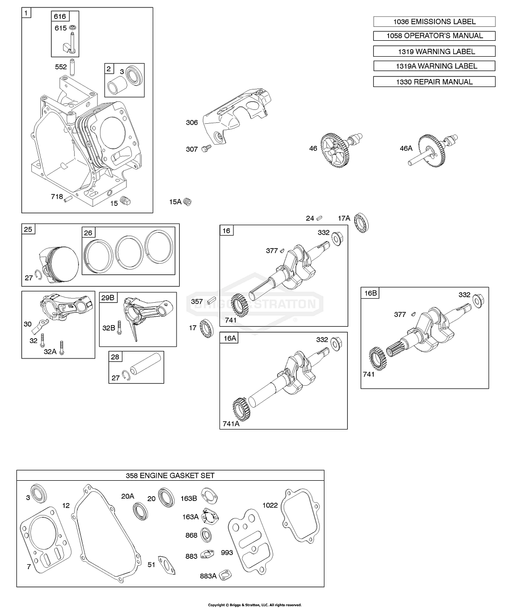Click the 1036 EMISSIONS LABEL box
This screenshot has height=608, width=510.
[x=434, y=21]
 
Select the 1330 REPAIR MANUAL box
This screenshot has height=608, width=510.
[x=434, y=82]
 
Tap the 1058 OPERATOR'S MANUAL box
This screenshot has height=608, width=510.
[x=434, y=36]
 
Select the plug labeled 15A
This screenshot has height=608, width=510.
[x=188, y=202]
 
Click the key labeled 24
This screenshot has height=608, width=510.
[x=321, y=217]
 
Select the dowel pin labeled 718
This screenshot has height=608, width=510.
[x=69, y=200]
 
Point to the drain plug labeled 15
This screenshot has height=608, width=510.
[x=126, y=201]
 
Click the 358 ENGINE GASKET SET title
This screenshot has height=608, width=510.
[x=170, y=476]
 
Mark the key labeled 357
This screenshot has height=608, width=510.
[x=211, y=301]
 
